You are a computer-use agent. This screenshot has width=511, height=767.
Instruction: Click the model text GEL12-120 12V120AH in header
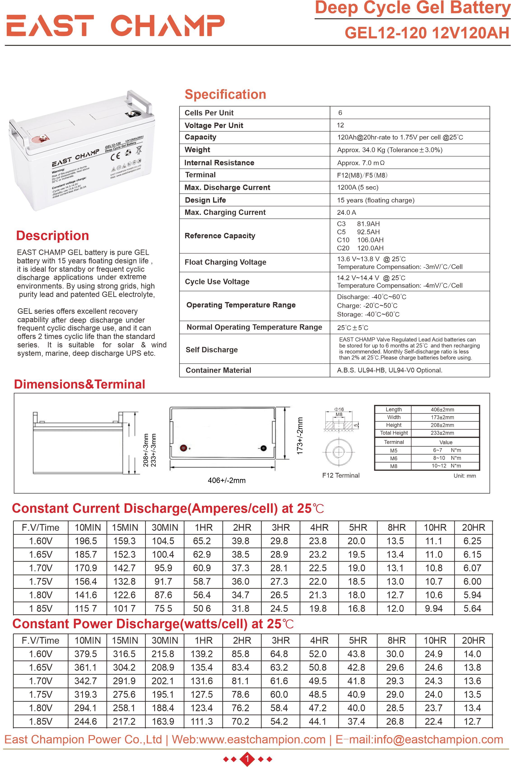click(x=427, y=33)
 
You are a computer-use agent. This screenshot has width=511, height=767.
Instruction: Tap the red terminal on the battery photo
click(x=42, y=139)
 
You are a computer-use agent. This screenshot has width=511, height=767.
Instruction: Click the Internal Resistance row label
click(x=219, y=163)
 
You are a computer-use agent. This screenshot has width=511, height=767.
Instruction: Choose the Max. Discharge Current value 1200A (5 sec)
click(x=358, y=187)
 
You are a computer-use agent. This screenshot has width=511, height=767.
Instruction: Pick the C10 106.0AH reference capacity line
click(x=360, y=240)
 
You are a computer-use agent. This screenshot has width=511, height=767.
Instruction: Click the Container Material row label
click(x=218, y=370)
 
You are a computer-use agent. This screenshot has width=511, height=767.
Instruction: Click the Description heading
click(x=52, y=236)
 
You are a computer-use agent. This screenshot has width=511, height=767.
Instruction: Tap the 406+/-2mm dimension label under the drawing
click(x=226, y=480)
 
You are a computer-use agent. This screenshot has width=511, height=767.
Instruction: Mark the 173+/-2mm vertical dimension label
click(x=300, y=436)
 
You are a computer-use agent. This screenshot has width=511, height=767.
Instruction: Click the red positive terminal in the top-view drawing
click(x=183, y=448)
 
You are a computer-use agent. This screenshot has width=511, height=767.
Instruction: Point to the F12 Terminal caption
click(x=341, y=475)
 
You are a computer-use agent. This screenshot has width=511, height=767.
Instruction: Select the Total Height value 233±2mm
click(x=442, y=433)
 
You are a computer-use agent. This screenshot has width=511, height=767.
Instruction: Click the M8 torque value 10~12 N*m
click(x=446, y=466)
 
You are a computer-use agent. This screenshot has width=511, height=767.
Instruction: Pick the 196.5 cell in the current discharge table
click(x=86, y=541)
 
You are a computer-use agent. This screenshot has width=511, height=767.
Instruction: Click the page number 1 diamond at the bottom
click(x=247, y=759)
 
